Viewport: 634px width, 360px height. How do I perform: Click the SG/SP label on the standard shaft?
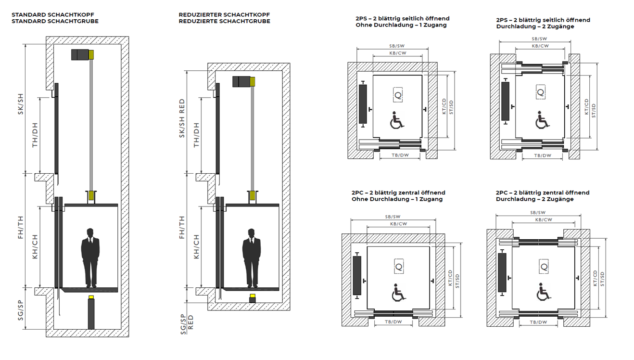point(20,310)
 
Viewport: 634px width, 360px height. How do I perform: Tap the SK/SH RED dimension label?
point(182,118)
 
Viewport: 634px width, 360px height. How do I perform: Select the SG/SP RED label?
point(187,324)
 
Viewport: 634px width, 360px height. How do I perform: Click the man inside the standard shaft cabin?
point(90,258)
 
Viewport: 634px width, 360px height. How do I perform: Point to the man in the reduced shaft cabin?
point(251,258)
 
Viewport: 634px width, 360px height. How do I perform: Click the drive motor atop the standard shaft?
point(82,55)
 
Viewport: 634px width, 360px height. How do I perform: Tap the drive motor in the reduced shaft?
point(244,81)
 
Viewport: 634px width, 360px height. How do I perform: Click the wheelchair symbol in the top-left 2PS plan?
point(396,120)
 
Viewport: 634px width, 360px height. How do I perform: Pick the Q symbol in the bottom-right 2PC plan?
point(544,267)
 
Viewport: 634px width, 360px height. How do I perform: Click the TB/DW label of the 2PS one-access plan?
point(400,155)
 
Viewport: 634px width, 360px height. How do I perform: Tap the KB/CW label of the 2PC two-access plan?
point(544,219)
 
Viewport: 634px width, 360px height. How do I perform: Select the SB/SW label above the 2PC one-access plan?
point(393,217)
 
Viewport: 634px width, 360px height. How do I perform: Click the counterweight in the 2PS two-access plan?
point(505,101)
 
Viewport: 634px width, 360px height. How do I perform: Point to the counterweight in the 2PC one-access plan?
point(357,275)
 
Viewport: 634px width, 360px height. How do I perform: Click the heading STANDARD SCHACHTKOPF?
point(52,15)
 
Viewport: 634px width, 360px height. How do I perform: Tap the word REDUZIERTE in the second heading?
point(198,21)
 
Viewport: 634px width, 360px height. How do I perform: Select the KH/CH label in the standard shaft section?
point(35,247)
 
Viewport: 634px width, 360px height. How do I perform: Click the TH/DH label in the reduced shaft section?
point(196,135)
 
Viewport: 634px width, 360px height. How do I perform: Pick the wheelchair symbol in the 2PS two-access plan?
point(542,120)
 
